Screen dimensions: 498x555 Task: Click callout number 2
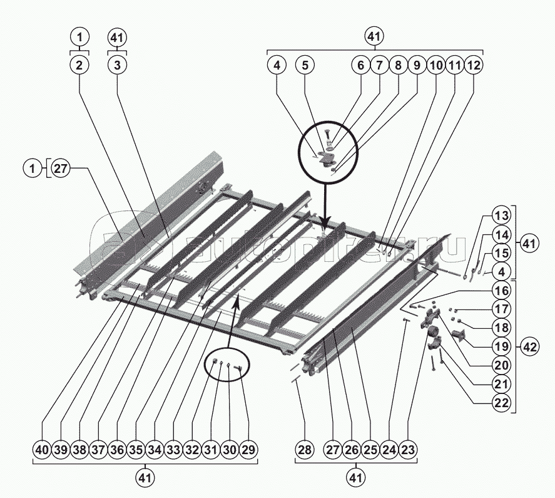coord(79,64)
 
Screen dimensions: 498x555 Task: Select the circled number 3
coord(117,64)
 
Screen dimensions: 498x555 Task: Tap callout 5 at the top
coord(305,64)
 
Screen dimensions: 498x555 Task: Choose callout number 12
coord(474,64)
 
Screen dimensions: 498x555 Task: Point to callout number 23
coord(408,449)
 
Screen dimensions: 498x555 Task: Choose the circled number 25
coord(370,449)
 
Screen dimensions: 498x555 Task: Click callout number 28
coord(304,449)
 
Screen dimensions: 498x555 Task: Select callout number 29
coord(249,449)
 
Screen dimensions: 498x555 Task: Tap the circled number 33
coord(174,449)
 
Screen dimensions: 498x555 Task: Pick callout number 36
coord(117,449)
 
